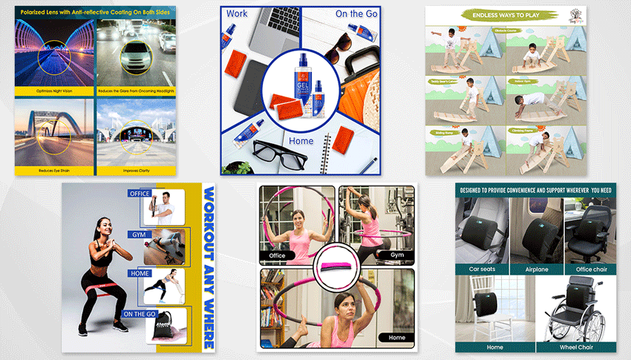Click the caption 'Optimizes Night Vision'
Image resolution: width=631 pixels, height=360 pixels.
click(x=55, y=91)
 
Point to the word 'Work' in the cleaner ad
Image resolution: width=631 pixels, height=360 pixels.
click(x=238, y=14)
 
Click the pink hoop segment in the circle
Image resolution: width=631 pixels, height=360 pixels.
click(x=337, y=263)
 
